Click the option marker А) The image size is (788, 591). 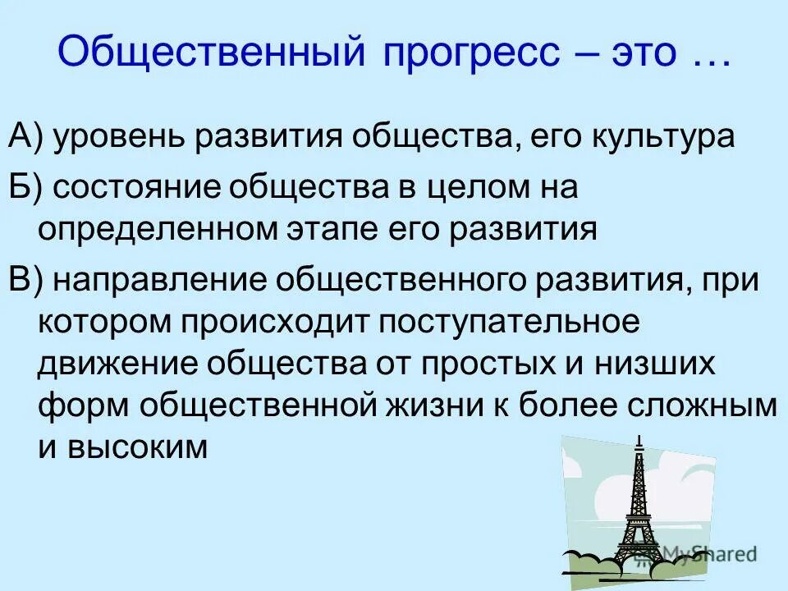[27, 137]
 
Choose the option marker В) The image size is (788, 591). [27, 281]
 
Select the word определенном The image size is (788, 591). [158, 229]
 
